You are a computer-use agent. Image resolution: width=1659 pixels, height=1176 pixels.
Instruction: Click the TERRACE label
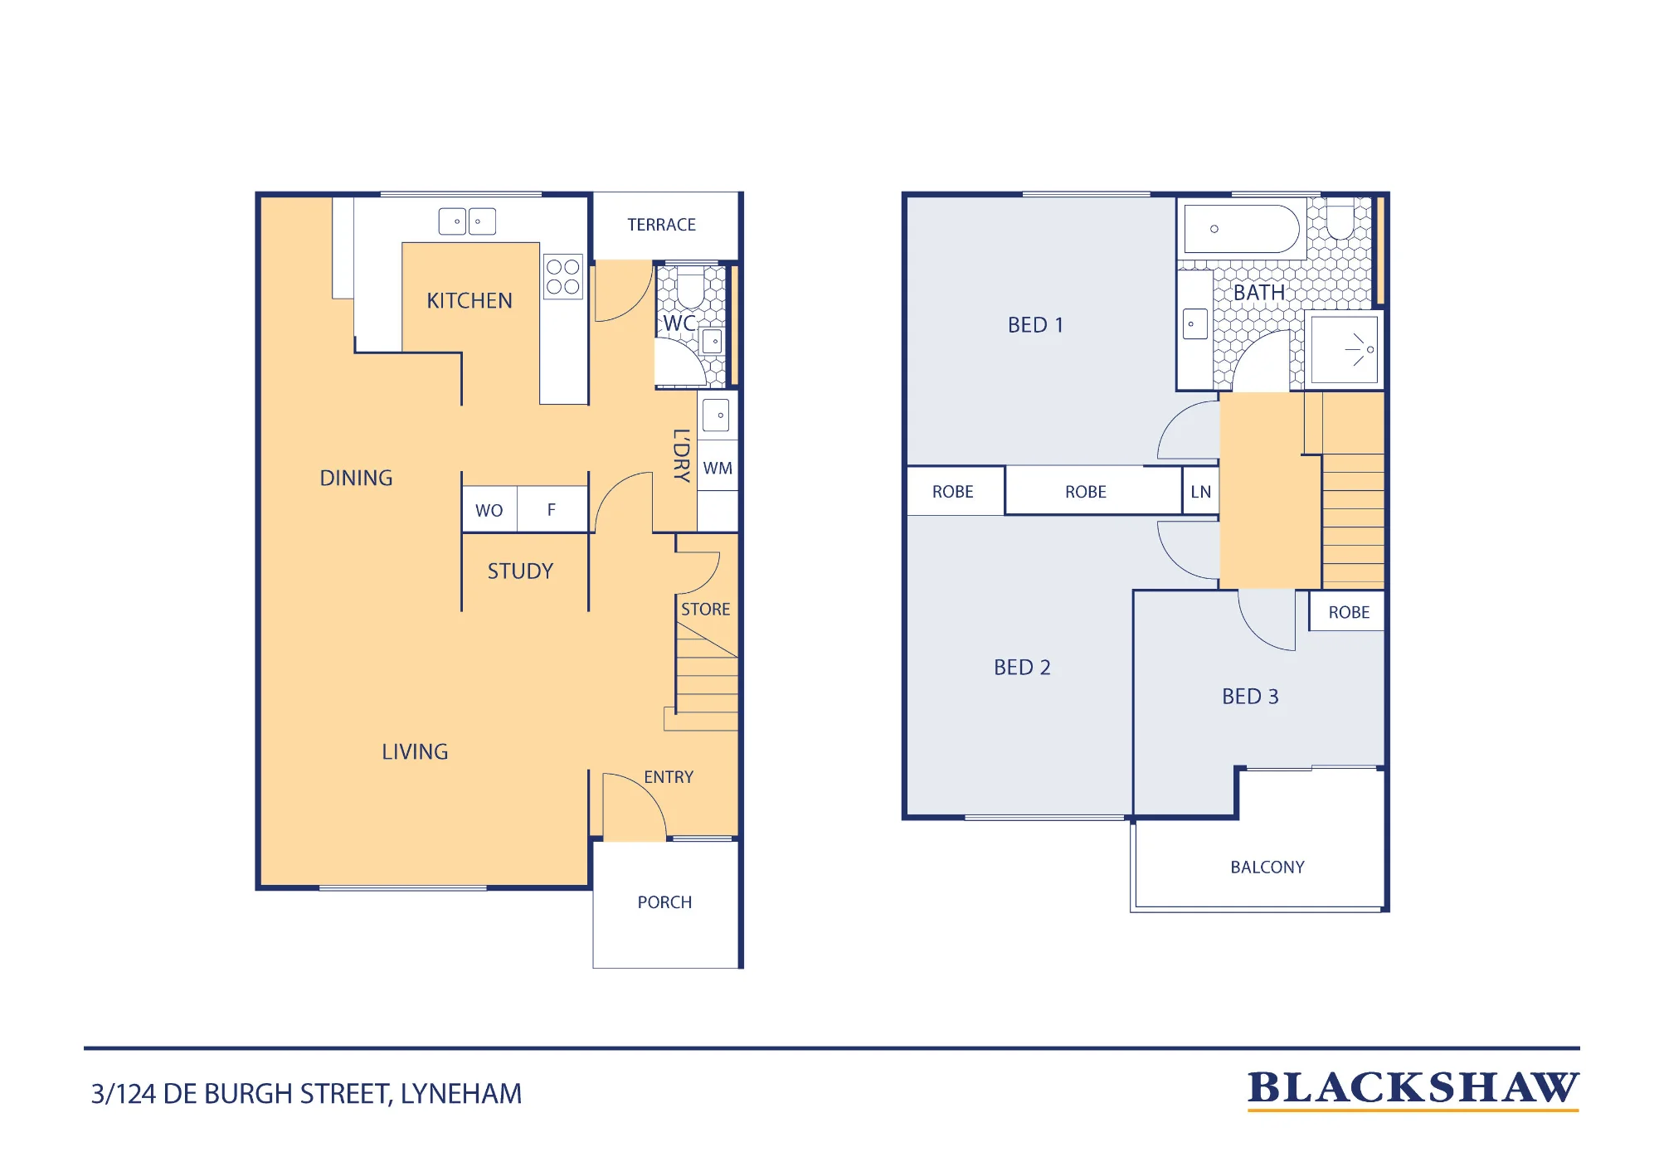pyautogui.click(x=661, y=225)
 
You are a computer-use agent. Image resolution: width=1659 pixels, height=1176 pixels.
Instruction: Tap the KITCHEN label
pyautogui.click(x=469, y=300)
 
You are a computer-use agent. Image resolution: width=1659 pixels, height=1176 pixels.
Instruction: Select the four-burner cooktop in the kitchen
pyautogui.click(x=563, y=277)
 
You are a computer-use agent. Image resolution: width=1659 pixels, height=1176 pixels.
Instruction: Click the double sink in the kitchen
pyautogui.click(x=467, y=221)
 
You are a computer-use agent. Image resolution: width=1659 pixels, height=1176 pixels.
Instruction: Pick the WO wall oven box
pyautogui.click(x=489, y=509)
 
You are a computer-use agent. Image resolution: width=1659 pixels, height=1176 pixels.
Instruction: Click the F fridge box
pyautogui.click(x=552, y=509)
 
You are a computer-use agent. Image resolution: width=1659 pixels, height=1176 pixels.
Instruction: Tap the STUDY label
pyautogui.click(x=520, y=571)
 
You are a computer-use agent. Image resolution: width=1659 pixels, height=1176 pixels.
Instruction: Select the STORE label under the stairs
pyautogui.click(x=706, y=610)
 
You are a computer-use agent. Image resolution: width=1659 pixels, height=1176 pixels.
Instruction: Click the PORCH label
pyautogui.click(x=664, y=902)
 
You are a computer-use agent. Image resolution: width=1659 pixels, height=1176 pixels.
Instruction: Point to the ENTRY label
pyautogui.click(x=669, y=777)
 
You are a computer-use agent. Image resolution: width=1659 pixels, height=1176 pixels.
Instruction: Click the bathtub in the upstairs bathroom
pyautogui.click(x=1242, y=229)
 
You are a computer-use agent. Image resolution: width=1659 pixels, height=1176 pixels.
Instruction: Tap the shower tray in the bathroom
pyautogui.click(x=1345, y=349)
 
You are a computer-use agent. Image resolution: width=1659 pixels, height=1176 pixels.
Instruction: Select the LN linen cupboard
pyautogui.click(x=1200, y=491)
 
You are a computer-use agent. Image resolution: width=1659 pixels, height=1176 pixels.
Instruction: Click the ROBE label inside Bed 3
pyautogui.click(x=1349, y=612)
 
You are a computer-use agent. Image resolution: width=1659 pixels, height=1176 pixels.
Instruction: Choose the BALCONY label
pyautogui.click(x=1267, y=867)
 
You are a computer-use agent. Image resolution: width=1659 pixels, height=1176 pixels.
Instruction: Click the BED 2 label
pyautogui.click(x=1022, y=668)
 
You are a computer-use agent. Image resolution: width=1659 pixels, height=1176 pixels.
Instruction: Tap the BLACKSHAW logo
pyautogui.click(x=1413, y=1089)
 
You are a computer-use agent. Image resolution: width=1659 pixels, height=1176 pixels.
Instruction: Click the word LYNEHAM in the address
pyautogui.click(x=461, y=1094)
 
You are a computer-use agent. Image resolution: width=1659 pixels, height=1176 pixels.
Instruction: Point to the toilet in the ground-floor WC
pyautogui.click(x=690, y=287)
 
